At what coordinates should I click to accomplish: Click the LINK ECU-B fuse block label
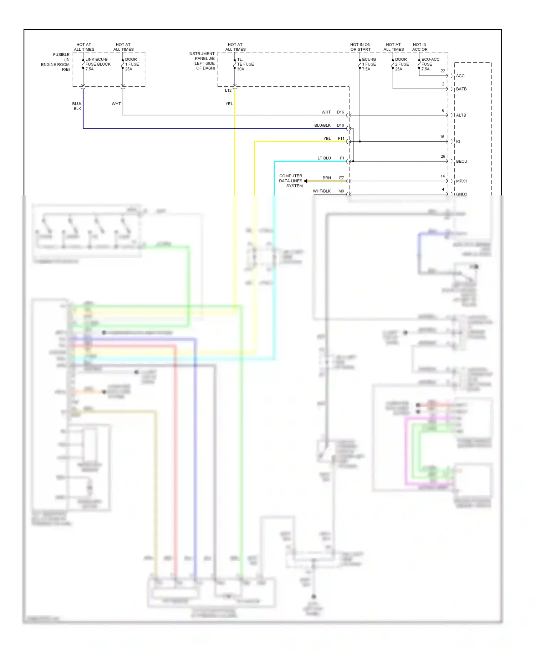tap(97, 64)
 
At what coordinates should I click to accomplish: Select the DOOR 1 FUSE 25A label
tap(132, 64)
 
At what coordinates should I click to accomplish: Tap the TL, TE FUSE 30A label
tap(245, 64)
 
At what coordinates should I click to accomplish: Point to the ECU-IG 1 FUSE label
tap(368, 64)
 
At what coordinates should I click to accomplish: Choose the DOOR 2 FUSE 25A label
tap(402, 64)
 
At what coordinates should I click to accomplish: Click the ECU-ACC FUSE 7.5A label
tap(430, 64)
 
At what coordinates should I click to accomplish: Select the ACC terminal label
tap(460, 76)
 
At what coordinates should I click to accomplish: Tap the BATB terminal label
tap(461, 89)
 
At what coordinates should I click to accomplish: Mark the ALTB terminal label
tap(461, 115)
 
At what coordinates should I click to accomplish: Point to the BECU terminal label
tap(461, 162)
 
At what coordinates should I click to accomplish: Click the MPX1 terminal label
tap(461, 181)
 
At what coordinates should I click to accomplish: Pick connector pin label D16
tap(340, 112)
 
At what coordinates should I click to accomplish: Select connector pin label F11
tap(341, 139)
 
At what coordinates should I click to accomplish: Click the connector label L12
tap(228, 91)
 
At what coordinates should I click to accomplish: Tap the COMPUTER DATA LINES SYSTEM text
tap(291, 181)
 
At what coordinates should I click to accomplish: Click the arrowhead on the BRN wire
tap(306, 181)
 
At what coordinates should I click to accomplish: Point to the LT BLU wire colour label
tap(324, 158)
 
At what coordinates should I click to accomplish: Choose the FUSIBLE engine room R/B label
tap(56, 62)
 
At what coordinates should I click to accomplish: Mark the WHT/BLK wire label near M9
tap(321, 191)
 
